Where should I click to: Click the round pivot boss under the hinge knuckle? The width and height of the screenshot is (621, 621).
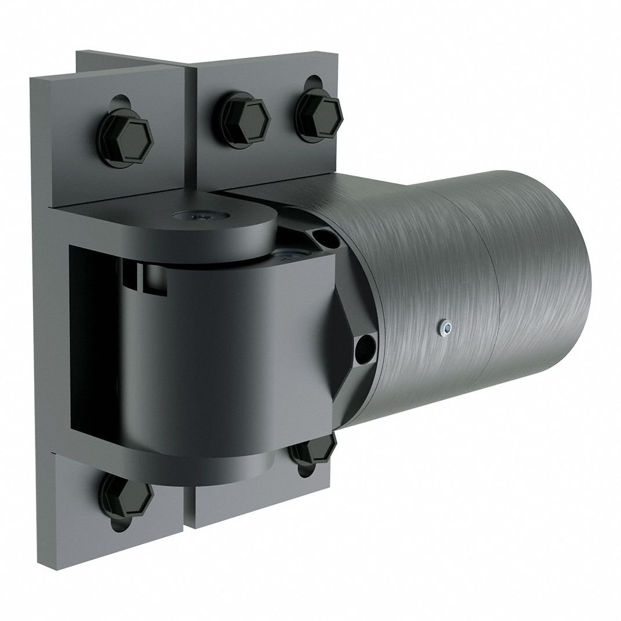244,464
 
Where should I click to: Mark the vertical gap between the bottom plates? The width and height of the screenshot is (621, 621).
191,499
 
